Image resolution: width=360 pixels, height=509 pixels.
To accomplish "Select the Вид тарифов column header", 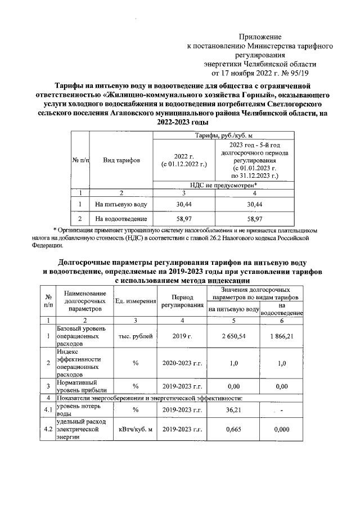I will tap(121, 160).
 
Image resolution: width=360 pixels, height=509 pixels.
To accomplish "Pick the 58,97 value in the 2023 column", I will tap(254, 219).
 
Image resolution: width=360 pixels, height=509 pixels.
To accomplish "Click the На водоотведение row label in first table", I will tap(121, 219).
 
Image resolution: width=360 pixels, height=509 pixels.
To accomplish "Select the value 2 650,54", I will tap(233, 336).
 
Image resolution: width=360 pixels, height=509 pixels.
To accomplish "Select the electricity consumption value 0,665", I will tap(233, 430).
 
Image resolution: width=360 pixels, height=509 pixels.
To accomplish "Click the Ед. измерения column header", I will tap(136, 301).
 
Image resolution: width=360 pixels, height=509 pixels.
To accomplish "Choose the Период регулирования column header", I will tap(182, 301).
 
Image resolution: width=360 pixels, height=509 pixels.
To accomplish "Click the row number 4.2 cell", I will tap(48, 430).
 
